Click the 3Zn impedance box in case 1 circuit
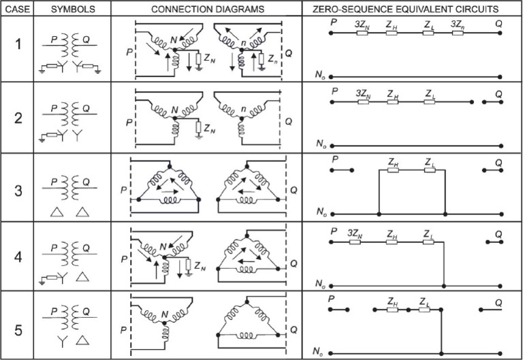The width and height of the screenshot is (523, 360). [x=458, y=33]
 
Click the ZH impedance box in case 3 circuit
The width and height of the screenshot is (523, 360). [x=393, y=170]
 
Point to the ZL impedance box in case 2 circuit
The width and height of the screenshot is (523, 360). [x=429, y=102]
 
